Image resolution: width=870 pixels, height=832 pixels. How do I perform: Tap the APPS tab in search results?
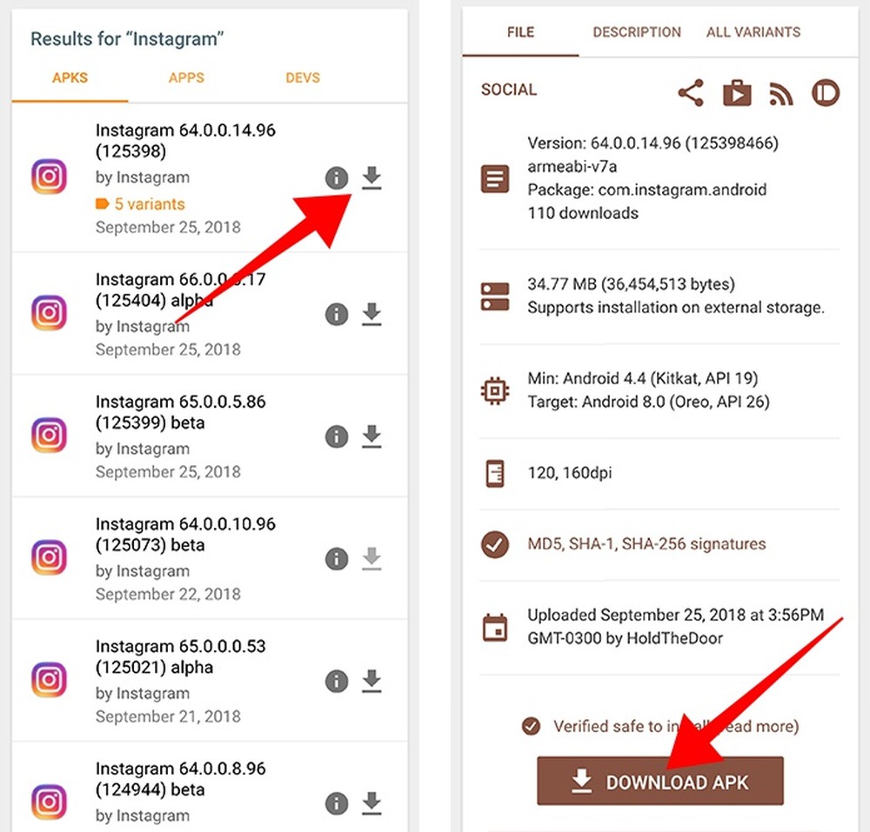[x=186, y=77]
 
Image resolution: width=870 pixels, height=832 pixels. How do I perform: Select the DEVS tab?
[x=303, y=77]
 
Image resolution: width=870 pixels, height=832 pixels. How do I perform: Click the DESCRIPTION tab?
[x=637, y=32]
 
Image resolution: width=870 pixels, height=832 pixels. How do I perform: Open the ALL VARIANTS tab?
[x=753, y=32]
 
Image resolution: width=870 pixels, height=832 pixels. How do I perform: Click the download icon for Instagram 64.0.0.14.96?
[x=371, y=178]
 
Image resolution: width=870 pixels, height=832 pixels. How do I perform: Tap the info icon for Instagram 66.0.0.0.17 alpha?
[x=337, y=314]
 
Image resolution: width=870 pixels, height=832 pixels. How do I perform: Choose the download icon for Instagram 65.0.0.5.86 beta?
[x=371, y=436]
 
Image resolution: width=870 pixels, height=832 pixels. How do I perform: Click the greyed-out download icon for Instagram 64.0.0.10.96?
[x=371, y=559]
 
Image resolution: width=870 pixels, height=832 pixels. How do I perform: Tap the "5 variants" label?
[x=141, y=204]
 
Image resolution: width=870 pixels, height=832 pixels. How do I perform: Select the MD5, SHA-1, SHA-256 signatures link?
[x=646, y=544]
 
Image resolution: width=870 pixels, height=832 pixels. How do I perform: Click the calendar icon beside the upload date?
[x=495, y=627]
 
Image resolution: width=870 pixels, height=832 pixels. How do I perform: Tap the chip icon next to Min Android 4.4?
[x=495, y=390]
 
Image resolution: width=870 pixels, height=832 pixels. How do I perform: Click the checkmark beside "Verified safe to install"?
[x=531, y=726]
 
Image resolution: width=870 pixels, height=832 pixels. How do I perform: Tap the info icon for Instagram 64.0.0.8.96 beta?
[x=337, y=803]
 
